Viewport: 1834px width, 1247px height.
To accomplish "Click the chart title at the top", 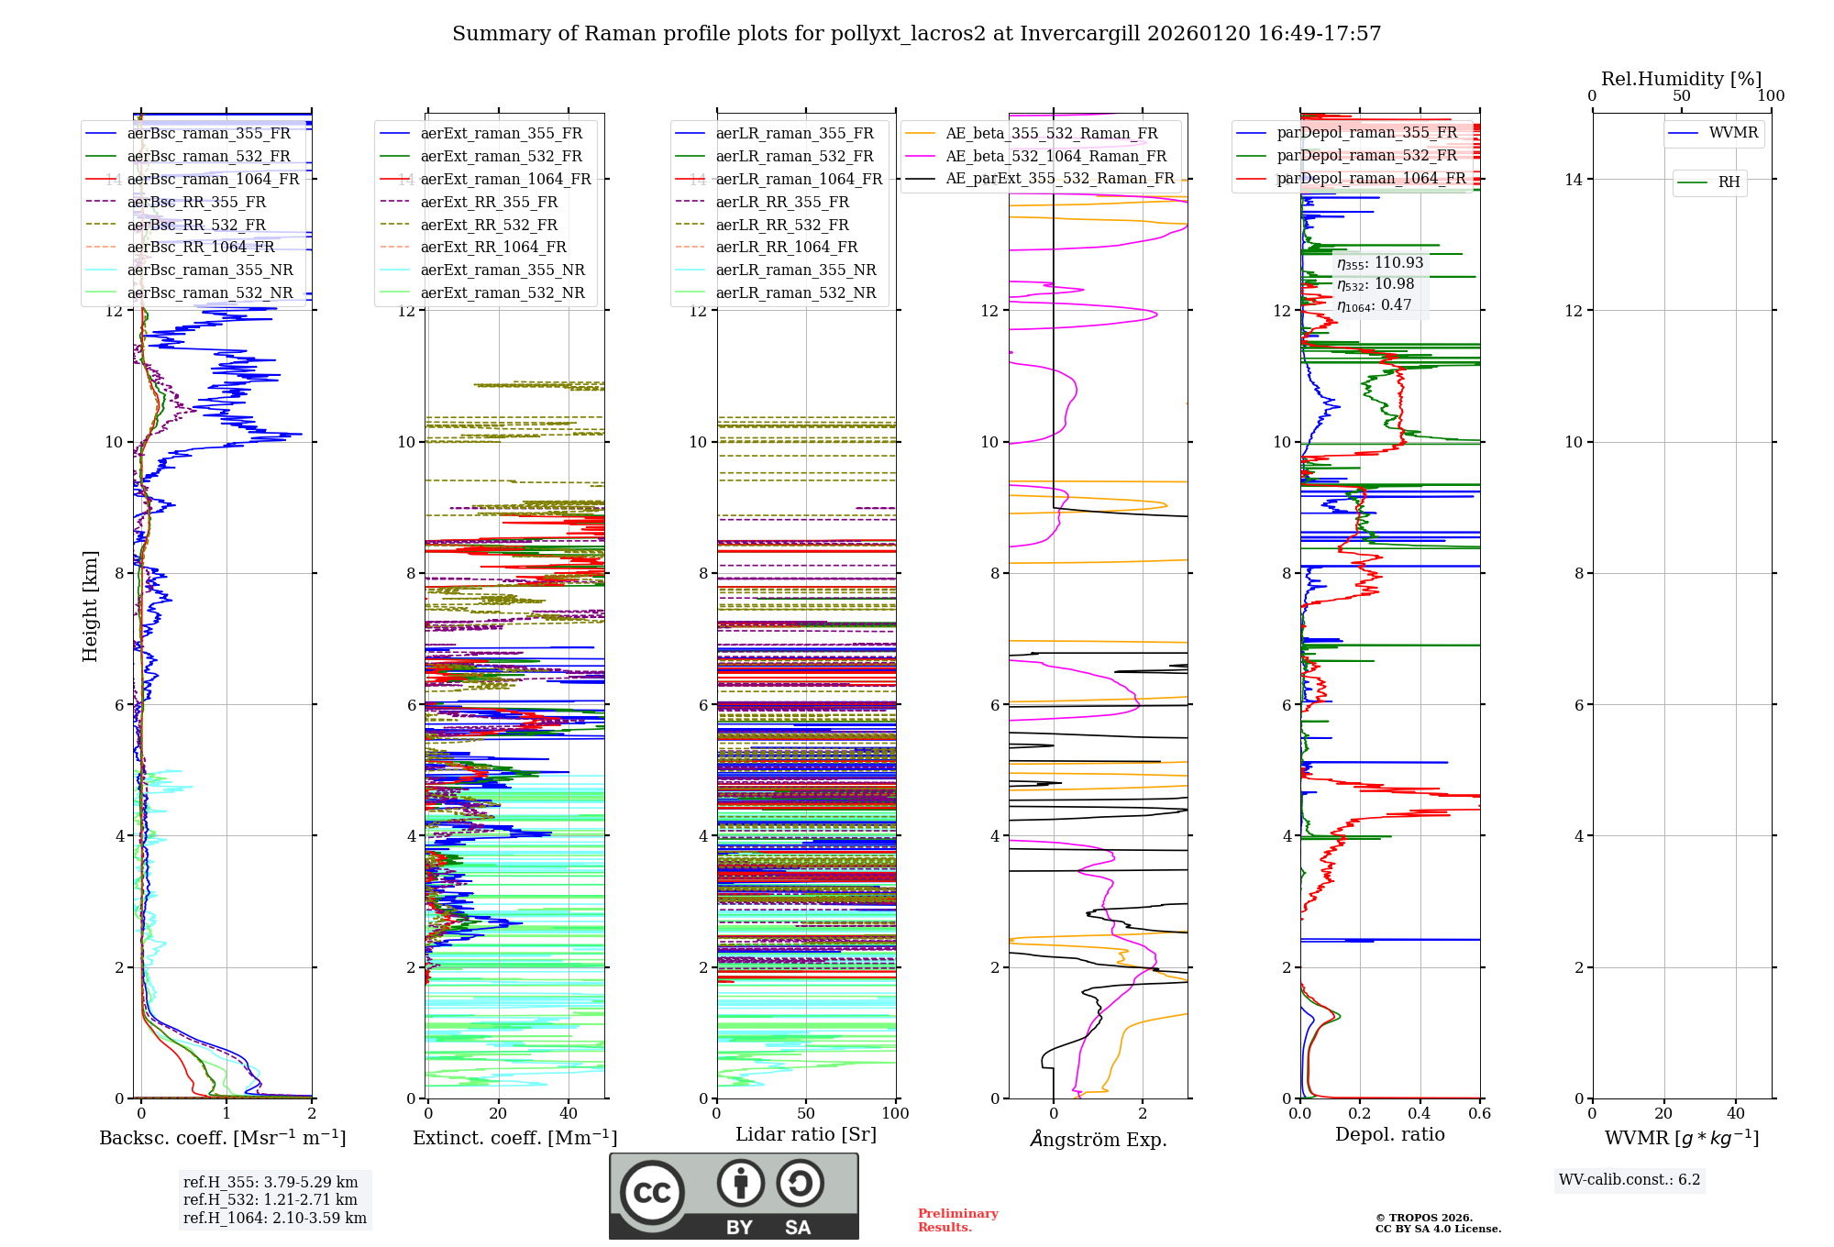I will click(x=916, y=34).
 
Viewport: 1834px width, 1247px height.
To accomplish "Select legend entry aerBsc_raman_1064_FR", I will click(x=213, y=179).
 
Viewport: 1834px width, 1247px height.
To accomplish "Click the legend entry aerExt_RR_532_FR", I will click(x=488, y=225).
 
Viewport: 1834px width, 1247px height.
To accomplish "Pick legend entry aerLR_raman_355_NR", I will click(x=795, y=270).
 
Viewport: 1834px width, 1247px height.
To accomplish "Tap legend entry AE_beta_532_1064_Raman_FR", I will click(x=1055, y=156).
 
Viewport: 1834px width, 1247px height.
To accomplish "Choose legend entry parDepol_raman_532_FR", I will click(x=1366, y=156).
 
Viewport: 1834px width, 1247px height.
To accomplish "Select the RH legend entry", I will click(x=1729, y=182).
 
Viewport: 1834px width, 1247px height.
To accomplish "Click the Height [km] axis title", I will click(x=90, y=606).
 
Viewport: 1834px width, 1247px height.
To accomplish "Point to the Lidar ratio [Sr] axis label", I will click(x=806, y=1134).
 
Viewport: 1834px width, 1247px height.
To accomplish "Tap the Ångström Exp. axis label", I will click(x=1099, y=1139).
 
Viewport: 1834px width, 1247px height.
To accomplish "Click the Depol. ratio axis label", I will click(x=1389, y=1134).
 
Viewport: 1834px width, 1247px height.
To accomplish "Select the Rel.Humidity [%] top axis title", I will click(x=1681, y=79).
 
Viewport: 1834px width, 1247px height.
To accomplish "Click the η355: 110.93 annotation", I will click(x=1380, y=263).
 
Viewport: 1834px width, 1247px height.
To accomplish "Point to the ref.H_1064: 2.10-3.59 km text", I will click(x=275, y=1218).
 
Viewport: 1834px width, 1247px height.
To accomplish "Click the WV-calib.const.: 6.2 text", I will click(x=1630, y=1179).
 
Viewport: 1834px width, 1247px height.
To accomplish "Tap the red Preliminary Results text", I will click(x=957, y=1219).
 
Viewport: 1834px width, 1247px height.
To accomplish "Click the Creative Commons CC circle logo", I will click(x=652, y=1193).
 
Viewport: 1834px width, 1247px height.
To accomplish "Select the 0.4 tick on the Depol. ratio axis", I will click(x=1420, y=1113).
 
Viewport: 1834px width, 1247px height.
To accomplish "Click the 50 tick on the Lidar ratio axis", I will click(x=806, y=1113).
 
